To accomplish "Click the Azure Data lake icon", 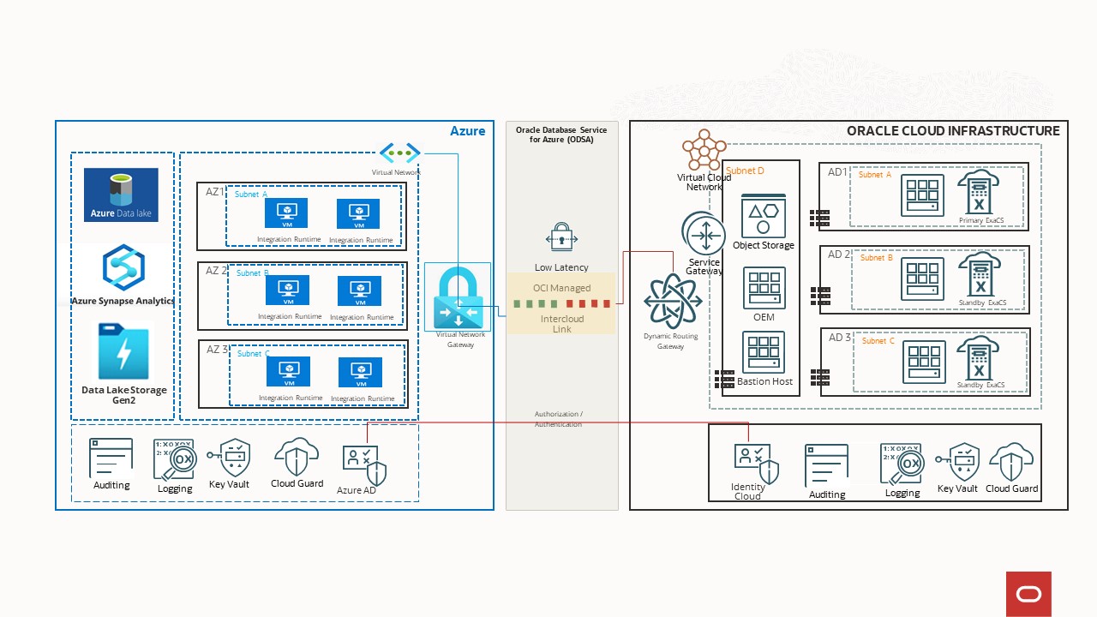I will [121, 195].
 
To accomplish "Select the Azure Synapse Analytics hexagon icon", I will [123, 267].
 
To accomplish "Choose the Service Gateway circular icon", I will [704, 233].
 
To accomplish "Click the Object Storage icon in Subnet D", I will [763, 216].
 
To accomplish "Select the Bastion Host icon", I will [764, 352].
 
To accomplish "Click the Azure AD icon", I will [363, 464].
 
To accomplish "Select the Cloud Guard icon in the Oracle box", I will [1011, 462].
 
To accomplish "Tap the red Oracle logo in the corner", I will [1028, 594].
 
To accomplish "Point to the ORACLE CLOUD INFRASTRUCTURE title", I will [952, 131].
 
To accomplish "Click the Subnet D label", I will [745, 171].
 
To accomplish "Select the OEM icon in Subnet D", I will [764, 288].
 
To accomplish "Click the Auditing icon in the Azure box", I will [111, 458].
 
